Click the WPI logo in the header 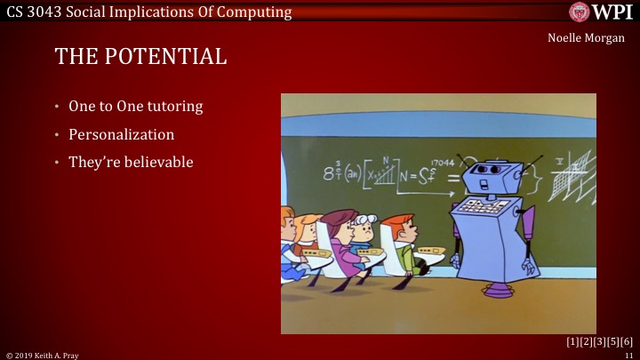tap(601, 12)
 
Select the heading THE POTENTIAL tap(140, 57)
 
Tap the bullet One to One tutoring tap(136, 107)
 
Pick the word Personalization tap(121, 135)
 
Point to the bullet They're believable tap(131, 163)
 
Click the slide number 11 tap(628, 354)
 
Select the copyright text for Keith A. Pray tap(44, 354)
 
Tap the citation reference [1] tap(572, 342)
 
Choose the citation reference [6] tap(627, 342)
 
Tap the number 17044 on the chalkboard tap(442, 163)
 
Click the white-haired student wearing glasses tap(364, 233)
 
